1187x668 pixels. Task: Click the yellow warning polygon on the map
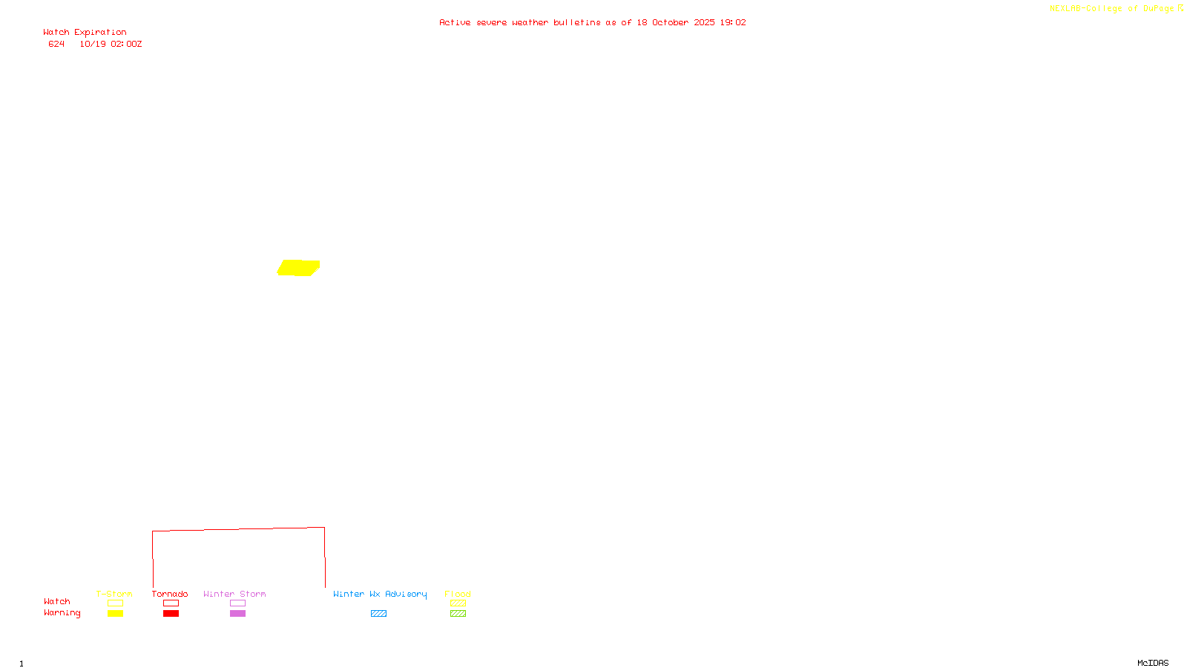(x=298, y=267)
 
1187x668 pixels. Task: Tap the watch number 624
(x=56, y=45)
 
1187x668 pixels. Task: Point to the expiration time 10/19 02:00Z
(x=111, y=45)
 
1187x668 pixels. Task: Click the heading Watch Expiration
(x=85, y=33)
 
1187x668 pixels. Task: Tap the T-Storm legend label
(x=114, y=594)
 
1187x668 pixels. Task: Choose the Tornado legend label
(x=170, y=594)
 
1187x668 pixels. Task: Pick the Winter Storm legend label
(x=234, y=594)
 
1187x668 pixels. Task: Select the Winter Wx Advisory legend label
(x=380, y=594)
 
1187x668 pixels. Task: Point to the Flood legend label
(x=458, y=594)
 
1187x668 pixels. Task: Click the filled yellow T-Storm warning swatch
(x=115, y=614)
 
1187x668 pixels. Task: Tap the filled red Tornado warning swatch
(x=171, y=614)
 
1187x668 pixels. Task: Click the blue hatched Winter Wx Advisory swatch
(x=378, y=614)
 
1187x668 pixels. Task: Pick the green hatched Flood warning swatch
(x=458, y=614)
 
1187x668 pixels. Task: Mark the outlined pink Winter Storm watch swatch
(x=237, y=603)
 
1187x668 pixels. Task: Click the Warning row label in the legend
(x=62, y=613)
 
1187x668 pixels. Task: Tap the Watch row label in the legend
(x=57, y=602)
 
